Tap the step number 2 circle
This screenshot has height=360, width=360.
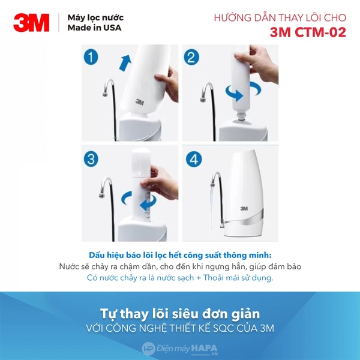(192, 58)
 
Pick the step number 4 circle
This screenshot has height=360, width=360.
(192, 159)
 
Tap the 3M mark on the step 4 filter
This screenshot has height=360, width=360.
(244, 208)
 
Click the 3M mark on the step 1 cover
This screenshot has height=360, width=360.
(139, 102)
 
